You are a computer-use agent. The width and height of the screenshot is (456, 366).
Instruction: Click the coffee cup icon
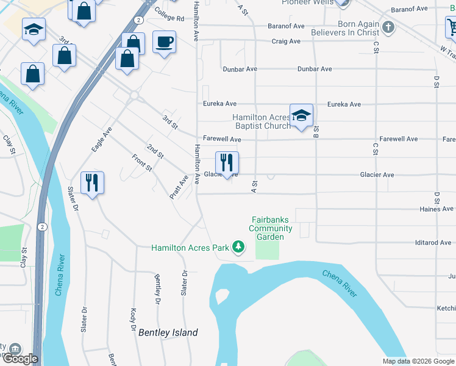click(x=164, y=42)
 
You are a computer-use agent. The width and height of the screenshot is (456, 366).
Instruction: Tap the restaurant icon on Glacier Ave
click(x=226, y=163)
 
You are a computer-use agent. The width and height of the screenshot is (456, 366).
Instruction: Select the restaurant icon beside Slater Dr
click(x=92, y=182)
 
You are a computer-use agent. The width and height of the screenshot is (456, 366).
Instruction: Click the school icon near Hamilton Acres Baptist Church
click(x=301, y=115)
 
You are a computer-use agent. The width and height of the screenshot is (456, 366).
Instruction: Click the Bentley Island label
click(x=168, y=332)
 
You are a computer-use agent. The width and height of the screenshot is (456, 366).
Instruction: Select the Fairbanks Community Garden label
click(x=270, y=228)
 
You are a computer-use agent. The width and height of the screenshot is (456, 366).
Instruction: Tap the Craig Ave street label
click(x=286, y=41)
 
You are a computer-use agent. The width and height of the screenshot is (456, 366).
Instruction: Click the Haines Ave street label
click(x=437, y=209)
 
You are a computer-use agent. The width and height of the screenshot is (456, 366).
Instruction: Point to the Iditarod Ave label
click(x=433, y=243)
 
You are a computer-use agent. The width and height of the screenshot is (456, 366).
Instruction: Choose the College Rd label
click(x=169, y=18)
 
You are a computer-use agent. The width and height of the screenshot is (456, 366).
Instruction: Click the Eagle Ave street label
click(x=102, y=139)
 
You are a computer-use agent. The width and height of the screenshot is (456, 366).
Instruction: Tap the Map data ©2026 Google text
click(x=418, y=361)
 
